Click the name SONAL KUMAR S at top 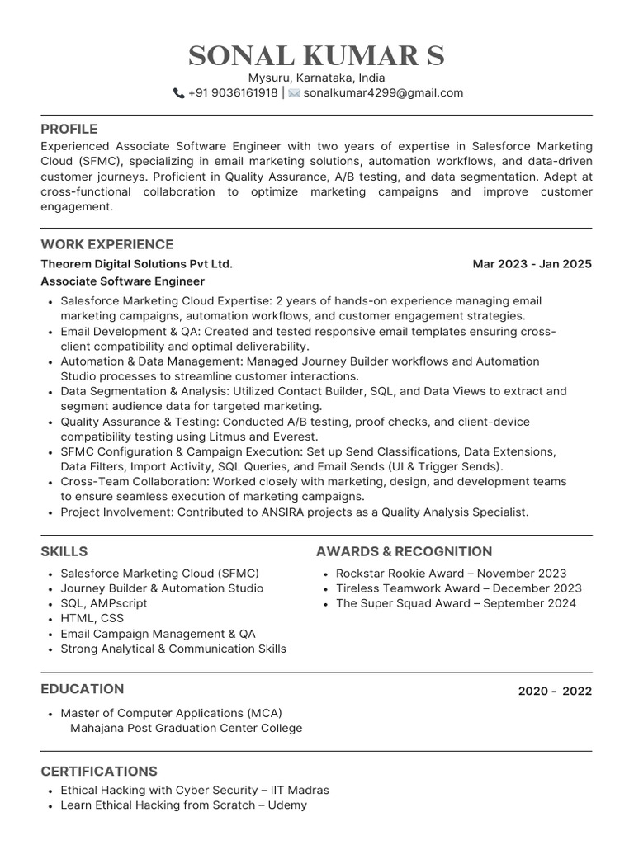pos(316,55)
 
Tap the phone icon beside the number pos(178,93)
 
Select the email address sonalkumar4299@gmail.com pos(383,92)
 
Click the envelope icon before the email pos(294,93)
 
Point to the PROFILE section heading pos(69,129)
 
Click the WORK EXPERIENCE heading pos(107,244)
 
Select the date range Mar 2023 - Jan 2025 pos(532,264)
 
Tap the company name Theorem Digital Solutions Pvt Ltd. pos(136,264)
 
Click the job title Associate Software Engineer pos(123,281)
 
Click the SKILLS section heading pos(64,551)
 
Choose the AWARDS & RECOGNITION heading pos(404,551)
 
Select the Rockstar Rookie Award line pos(451,573)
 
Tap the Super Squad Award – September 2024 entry pos(456,603)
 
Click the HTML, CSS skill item pos(92,618)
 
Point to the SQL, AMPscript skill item pos(104,603)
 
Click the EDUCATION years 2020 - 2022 pos(555,691)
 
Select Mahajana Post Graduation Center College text pos(186,728)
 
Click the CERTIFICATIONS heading pos(99,771)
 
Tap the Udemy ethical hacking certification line pos(183,805)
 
